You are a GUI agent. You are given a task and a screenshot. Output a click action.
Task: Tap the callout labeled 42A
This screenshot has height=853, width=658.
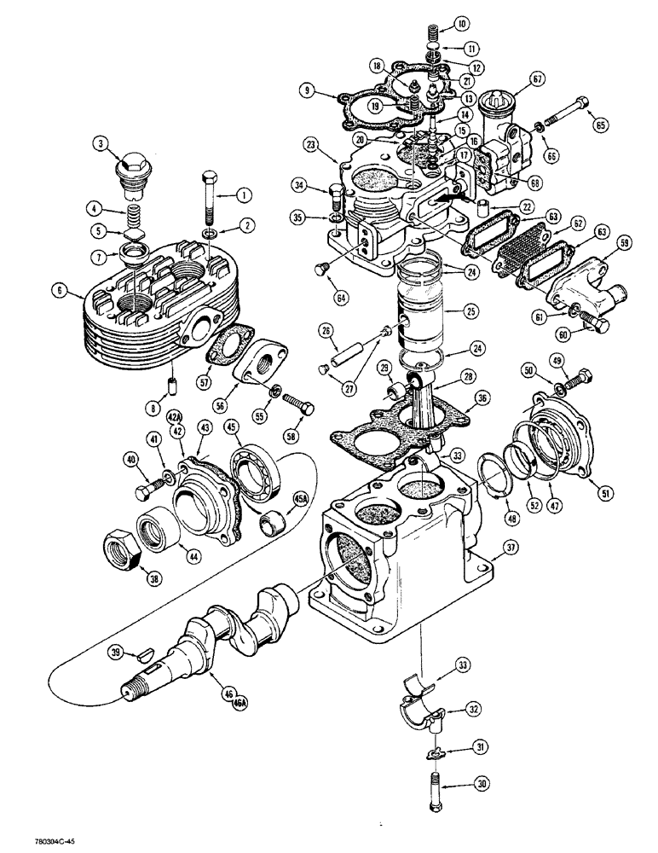[x=175, y=416]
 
